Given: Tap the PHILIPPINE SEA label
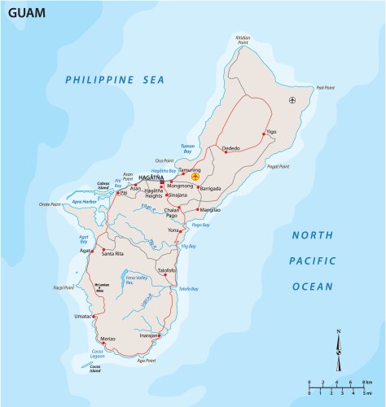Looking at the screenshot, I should (x=115, y=79).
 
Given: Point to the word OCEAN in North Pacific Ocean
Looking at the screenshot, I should (x=313, y=287).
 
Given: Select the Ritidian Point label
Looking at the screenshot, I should (x=243, y=39).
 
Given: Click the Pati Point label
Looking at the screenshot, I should (x=326, y=87).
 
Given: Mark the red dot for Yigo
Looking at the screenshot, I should (x=264, y=133).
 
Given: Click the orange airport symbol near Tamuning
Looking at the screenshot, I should (x=195, y=176).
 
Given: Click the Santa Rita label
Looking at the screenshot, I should (x=113, y=255).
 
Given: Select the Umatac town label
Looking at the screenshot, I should (x=85, y=316).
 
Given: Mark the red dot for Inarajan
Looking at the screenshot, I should (x=160, y=333).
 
